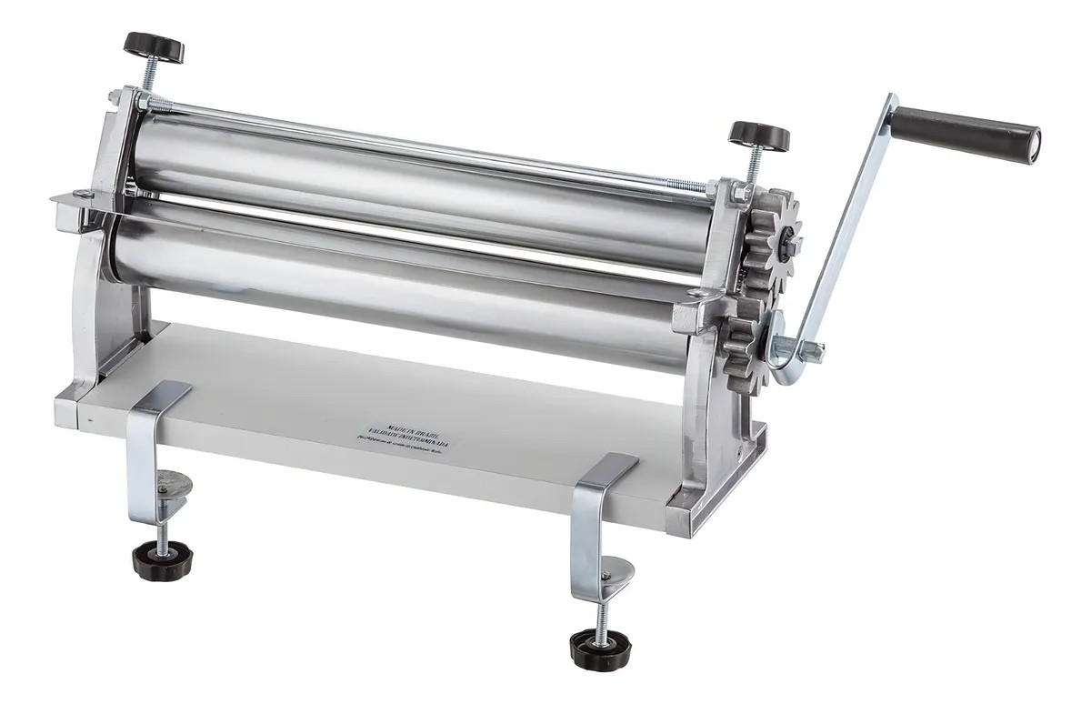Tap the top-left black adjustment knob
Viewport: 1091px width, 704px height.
(x=155, y=45)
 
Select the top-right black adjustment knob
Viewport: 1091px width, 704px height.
(x=758, y=137)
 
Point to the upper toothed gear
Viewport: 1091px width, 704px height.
(x=771, y=236)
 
